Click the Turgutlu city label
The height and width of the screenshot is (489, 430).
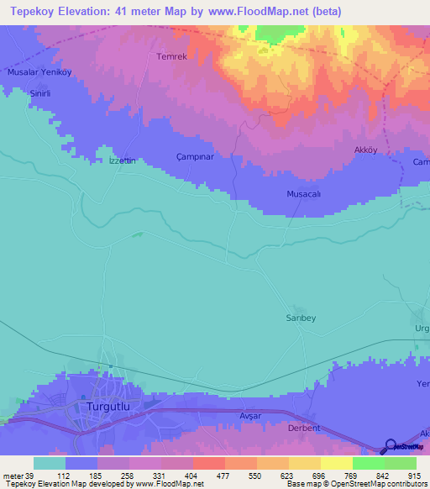pyautogui.click(x=111, y=407)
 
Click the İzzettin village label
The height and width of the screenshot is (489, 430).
pyautogui.click(x=123, y=160)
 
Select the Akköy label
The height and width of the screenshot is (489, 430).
pyautogui.click(x=364, y=151)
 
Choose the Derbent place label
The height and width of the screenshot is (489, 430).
pyautogui.click(x=304, y=428)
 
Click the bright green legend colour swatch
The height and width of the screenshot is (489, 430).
pyautogui.click(x=369, y=463)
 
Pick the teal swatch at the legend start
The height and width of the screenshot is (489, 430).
pyautogui.click(x=50, y=463)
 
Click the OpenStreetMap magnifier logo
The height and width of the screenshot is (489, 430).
pyautogui.click(x=389, y=446)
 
